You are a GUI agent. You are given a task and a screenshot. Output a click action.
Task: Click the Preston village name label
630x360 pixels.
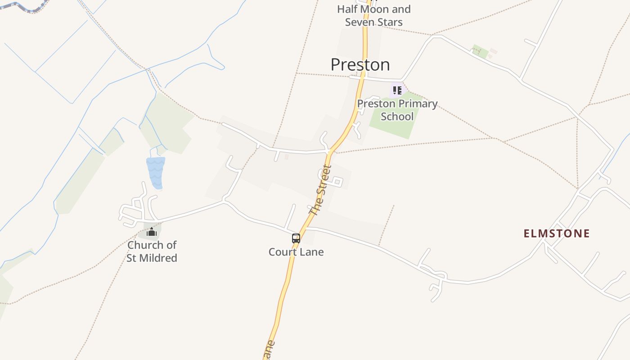(360, 65)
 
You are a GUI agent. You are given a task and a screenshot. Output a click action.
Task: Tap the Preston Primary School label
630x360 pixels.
(397, 110)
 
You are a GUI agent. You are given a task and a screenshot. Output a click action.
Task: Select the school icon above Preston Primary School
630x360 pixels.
(397, 90)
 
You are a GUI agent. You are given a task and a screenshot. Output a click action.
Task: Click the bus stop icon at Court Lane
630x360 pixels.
(296, 238)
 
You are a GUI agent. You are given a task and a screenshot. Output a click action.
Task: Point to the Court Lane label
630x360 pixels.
(296, 252)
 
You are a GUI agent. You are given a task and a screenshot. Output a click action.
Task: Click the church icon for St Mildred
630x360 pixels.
(152, 232)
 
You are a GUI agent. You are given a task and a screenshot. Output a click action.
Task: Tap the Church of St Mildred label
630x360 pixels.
(152, 252)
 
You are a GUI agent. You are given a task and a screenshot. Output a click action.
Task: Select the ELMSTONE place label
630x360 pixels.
(557, 234)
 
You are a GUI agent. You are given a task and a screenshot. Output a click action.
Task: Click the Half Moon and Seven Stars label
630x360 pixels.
(373, 15)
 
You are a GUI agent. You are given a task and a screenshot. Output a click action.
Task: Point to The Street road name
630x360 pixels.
(321, 190)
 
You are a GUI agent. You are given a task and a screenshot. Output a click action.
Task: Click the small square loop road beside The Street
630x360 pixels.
(337, 182)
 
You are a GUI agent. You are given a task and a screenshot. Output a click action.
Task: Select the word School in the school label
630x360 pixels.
(397, 117)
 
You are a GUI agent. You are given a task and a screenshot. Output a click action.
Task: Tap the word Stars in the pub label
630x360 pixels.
(390, 22)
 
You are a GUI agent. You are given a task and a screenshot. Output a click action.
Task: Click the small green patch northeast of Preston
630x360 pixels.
(480, 51)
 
